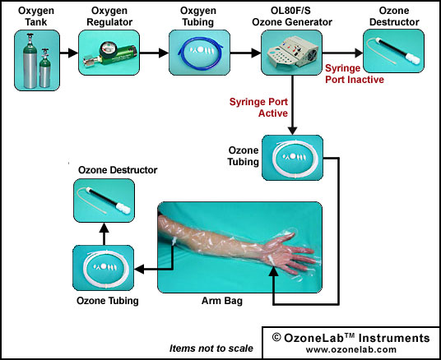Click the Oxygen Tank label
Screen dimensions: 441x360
(x=36, y=16)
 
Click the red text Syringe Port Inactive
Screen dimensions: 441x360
(x=355, y=74)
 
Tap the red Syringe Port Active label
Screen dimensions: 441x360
(x=258, y=108)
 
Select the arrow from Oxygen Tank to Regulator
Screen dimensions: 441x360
(x=69, y=53)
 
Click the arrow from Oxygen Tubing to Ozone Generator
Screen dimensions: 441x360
(x=245, y=53)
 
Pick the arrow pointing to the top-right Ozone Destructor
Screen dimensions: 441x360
(x=342, y=53)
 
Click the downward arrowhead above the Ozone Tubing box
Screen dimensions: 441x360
(x=293, y=130)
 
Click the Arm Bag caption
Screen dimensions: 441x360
(x=222, y=301)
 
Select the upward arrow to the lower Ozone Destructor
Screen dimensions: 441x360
(x=104, y=233)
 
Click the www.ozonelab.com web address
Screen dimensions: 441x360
(x=351, y=349)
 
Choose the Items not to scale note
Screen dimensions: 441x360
(x=211, y=348)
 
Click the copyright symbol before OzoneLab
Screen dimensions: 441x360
(x=276, y=337)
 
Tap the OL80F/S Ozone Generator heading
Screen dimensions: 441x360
(x=292, y=16)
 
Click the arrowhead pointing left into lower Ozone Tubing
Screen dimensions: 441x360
(x=140, y=270)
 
